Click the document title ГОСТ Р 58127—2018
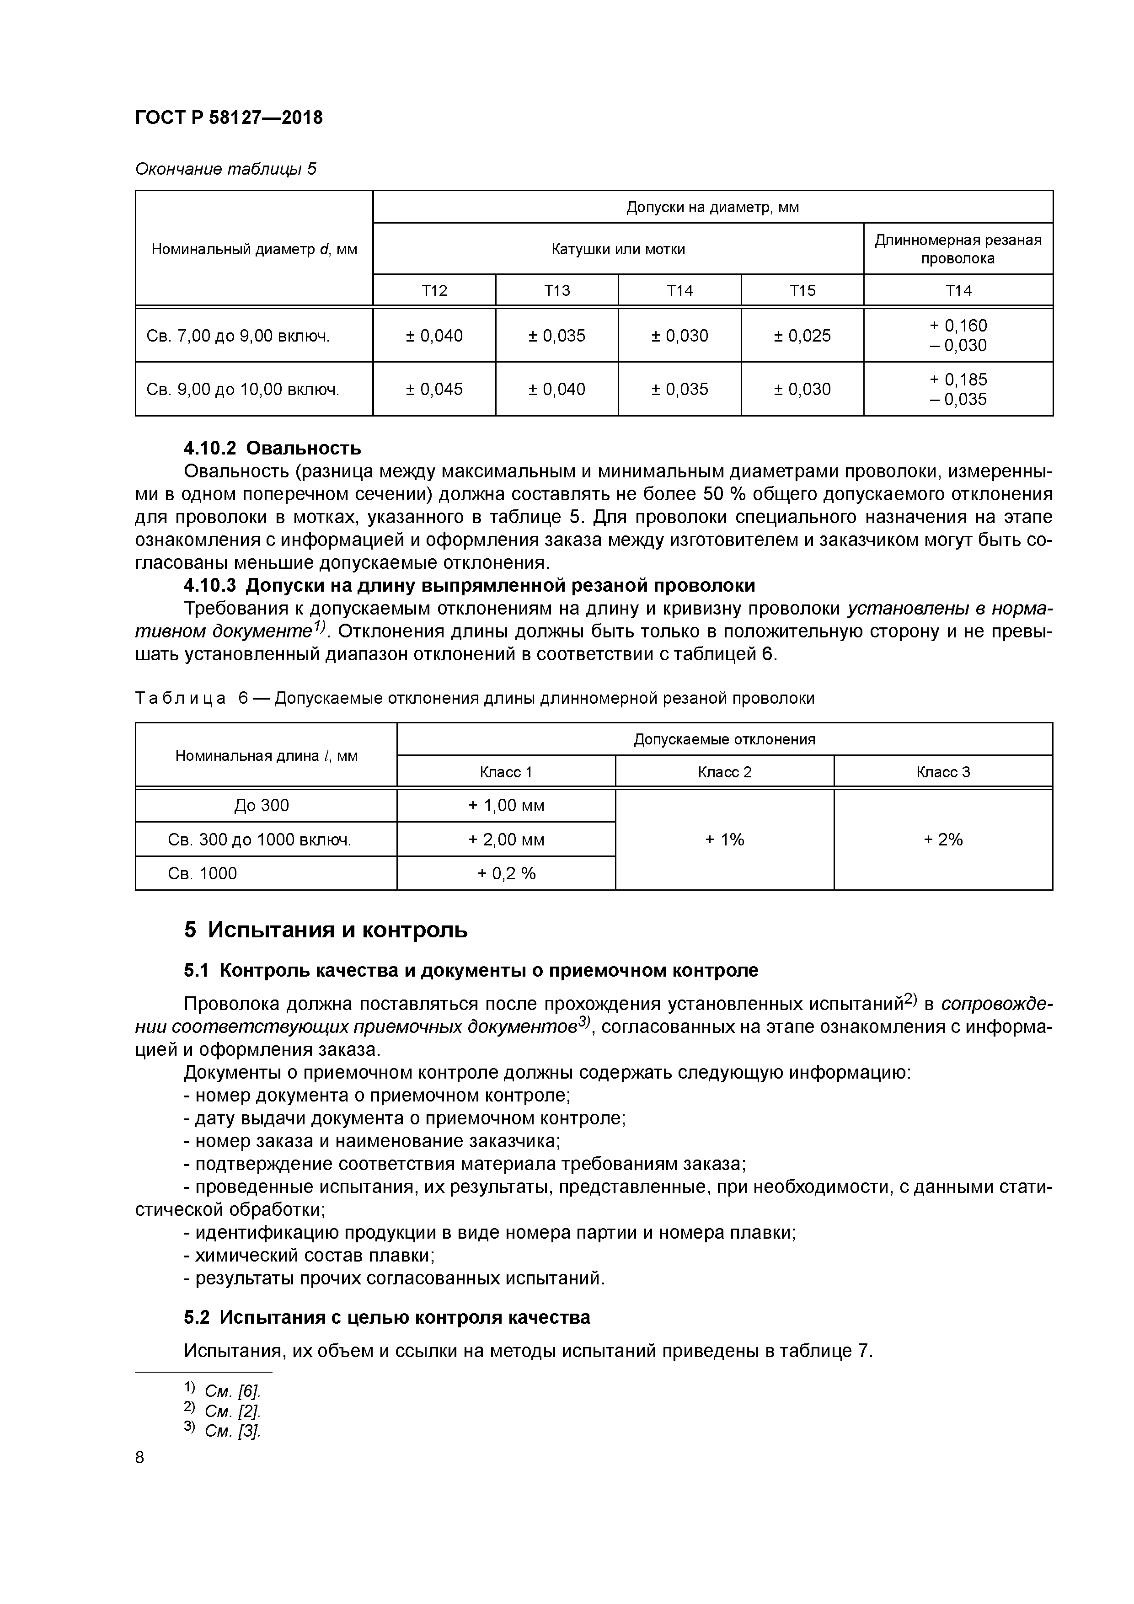pyautogui.click(x=229, y=118)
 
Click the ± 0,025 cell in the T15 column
pyautogui.click(x=802, y=335)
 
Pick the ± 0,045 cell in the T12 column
pyautogui.click(x=434, y=389)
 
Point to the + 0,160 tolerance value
pyautogui.click(x=958, y=326)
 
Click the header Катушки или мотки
pyautogui.click(x=618, y=249)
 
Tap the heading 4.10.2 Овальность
pyautogui.click(x=273, y=448)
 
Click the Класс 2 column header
pyautogui.click(x=725, y=772)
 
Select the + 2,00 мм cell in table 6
pyautogui.click(x=506, y=839)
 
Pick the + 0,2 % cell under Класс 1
pyautogui.click(x=506, y=873)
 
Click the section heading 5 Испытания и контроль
pyautogui.click(x=326, y=930)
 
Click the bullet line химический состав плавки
pyautogui.click(x=309, y=1256)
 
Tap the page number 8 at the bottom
pyautogui.click(x=140, y=1457)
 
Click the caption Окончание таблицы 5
pyautogui.click(x=225, y=169)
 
